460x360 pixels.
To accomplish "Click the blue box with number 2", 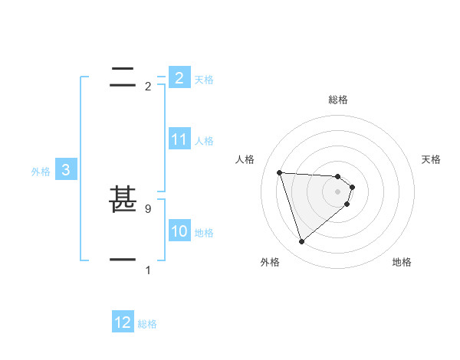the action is (x=179, y=77).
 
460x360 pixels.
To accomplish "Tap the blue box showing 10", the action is (x=179, y=231).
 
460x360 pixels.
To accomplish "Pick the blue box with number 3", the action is (x=66, y=170).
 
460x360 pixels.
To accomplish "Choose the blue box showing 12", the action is (x=123, y=322).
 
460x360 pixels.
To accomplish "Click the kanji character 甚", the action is (x=123, y=201).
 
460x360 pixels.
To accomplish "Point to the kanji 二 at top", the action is (x=123, y=77).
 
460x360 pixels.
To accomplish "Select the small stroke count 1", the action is (x=148, y=270).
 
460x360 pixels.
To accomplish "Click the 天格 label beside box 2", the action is (x=204, y=80).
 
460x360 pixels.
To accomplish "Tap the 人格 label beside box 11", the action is (x=204, y=141).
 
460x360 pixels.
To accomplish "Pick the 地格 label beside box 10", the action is (x=204, y=233).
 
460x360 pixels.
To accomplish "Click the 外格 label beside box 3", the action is (x=41, y=172).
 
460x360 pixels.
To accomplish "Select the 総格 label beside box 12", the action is (x=147, y=325).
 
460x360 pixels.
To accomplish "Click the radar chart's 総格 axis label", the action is (x=338, y=100).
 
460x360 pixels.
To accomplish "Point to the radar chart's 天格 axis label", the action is (x=432, y=159).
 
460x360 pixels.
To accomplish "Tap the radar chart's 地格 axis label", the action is (x=402, y=262).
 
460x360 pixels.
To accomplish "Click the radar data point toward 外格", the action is (x=302, y=242).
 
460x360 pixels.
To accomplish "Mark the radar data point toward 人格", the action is (x=280, y=172).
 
